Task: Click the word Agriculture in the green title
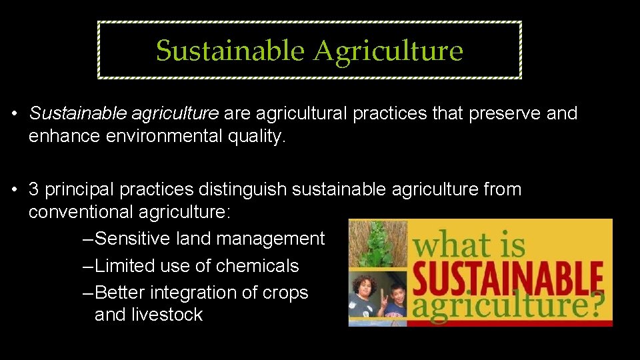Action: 389,51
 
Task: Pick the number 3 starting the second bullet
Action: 33,189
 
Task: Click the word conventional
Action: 81,213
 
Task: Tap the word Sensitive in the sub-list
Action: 137,239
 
